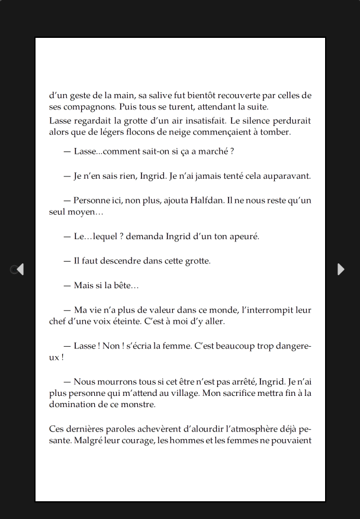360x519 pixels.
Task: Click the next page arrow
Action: pos(340,269)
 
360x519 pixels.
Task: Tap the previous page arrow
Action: pos(20,269)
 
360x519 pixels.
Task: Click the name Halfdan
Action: pos(207,200)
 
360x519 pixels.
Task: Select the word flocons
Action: pos(153,132)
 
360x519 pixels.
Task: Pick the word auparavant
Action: pos(288,176)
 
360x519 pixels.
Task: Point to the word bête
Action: pos(123,285)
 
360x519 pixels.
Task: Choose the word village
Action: pos(192,393)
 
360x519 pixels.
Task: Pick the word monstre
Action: pos(139,405)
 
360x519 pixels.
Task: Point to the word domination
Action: pos(73,405)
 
